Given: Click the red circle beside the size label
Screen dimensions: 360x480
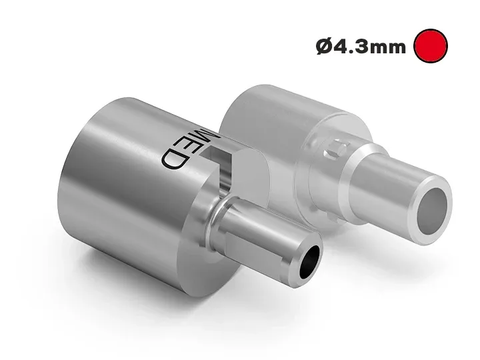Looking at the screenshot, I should [430, 46].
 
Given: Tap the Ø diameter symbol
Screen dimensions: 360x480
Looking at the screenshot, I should [324, 47].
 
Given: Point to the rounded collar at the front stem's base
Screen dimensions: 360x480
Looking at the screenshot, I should [217, 223].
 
